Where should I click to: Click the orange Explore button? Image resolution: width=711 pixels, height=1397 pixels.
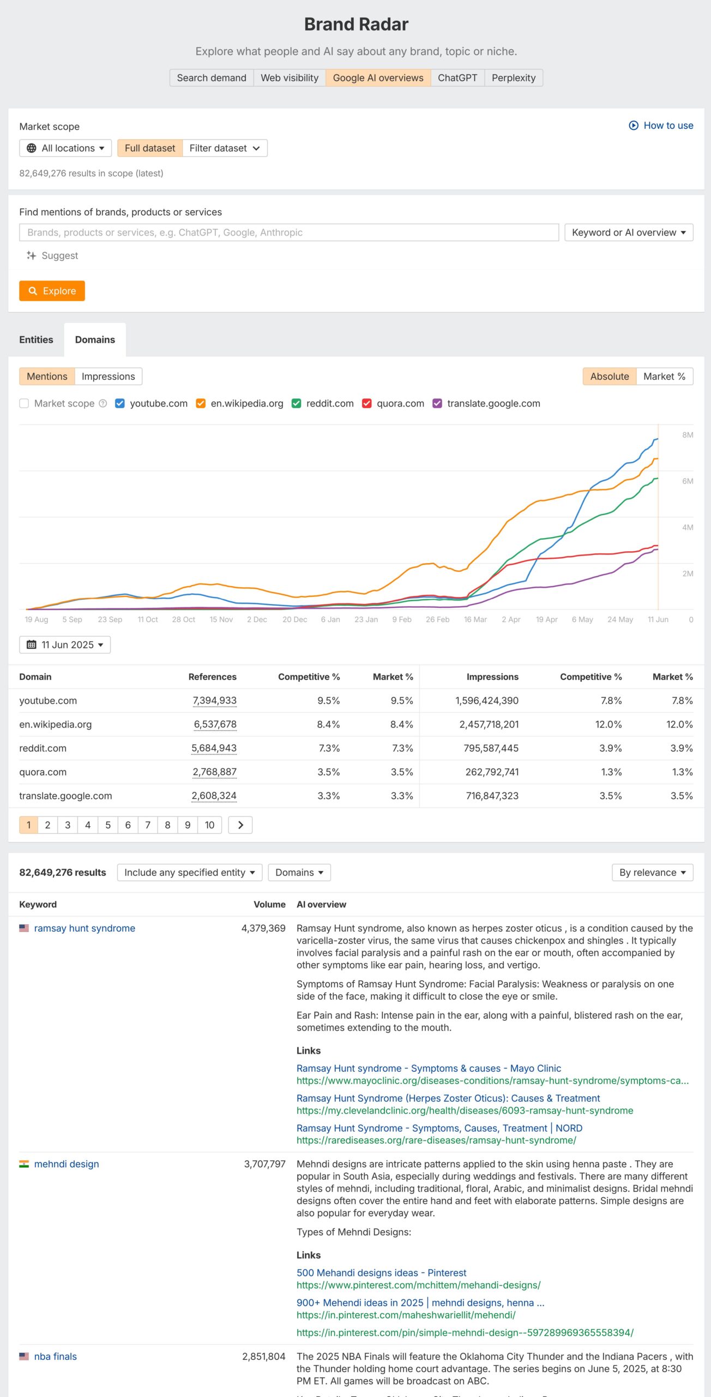coord(52,291)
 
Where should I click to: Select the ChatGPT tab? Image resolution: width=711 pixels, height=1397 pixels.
coord(457,77)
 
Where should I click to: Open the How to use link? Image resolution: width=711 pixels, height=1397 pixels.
coord(661,126)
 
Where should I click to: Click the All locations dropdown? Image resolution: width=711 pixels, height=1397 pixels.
coord(65,148)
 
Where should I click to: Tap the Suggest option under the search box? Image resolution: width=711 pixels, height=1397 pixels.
coord(52,255)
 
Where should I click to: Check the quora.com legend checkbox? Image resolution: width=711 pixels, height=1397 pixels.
coord(367,403)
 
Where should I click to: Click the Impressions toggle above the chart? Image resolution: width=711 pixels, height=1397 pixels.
coord(108,376)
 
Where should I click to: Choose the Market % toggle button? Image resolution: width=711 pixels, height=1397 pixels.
coord(664,376)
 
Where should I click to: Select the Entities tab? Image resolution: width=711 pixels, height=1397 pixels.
coord(36,339)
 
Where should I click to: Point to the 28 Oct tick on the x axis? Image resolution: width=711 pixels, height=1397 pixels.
coord(183,619)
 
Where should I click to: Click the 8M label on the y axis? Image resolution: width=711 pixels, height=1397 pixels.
coord(688,435)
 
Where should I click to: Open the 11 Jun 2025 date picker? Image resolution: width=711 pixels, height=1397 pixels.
coord(65,644)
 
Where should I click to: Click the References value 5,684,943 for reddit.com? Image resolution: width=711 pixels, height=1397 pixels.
coord(214,748)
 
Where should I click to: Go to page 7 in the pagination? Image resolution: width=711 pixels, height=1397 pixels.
coord(147,825)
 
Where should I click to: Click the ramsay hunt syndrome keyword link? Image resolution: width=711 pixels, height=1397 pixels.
coord(85,928)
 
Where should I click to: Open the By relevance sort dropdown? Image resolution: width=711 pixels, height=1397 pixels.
coord(652,872)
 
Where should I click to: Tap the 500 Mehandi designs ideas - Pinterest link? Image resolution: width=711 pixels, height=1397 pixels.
coord(381,1273)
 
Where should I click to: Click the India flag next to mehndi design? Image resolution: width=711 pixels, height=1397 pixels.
coord(24,1164)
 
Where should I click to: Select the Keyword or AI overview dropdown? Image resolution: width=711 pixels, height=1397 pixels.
coord(628,232)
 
